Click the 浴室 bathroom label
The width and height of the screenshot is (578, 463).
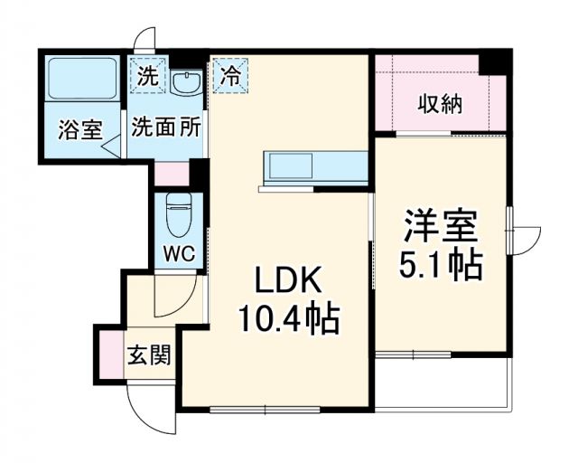point(79,129)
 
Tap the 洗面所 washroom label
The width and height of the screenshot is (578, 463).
point(166,128)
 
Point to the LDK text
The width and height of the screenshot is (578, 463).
point(286,282)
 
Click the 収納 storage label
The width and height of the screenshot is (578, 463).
point(441,104)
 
